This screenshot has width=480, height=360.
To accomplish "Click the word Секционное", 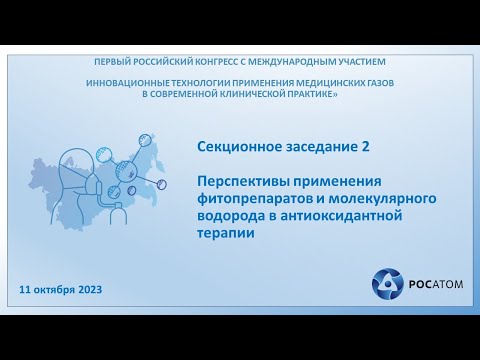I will pos(238,146).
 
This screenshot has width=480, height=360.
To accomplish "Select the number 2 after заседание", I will pos(351,146).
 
